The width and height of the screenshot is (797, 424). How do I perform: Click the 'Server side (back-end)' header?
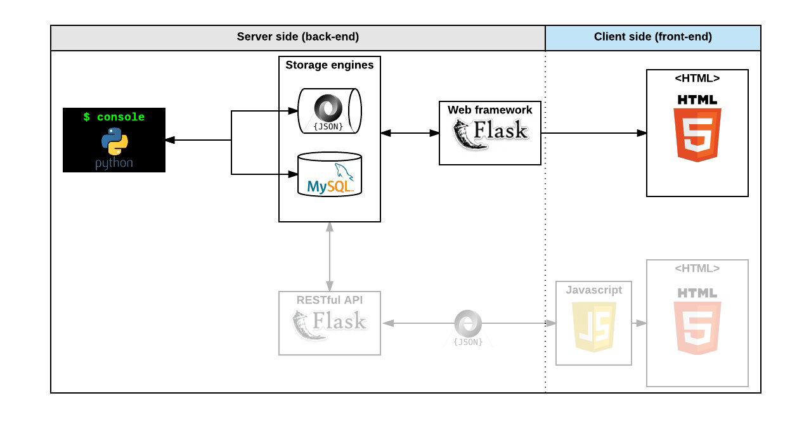click(297, 37)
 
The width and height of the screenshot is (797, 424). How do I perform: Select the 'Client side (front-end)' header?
click(652, 37)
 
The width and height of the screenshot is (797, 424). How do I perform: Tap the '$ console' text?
click(114, 117)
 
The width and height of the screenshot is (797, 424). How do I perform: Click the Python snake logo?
click(114, 141)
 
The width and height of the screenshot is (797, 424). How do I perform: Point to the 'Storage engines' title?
click(329, 65)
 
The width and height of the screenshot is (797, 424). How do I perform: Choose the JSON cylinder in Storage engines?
click(329, 111)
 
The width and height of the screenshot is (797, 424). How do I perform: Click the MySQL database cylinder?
click(330, 175)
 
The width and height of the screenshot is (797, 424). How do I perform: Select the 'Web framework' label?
click(489, 110)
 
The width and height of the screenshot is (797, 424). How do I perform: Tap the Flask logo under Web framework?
click(489, 133)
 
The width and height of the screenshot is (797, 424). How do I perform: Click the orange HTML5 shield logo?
click(697, 134)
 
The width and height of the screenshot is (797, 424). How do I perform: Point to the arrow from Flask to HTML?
click(593, 133)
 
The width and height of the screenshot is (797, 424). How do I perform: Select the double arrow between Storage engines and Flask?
click(410, 133)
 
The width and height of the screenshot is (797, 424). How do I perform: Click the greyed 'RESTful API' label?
click(329, 300)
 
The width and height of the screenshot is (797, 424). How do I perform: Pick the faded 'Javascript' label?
click(593, 290)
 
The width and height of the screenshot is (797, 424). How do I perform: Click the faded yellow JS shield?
click(594, 326)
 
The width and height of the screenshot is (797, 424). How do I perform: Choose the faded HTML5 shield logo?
click(697, 326)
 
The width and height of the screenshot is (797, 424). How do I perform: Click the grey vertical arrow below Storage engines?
click(330, 257)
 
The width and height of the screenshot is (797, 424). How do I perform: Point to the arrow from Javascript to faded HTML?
click(639, 323)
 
